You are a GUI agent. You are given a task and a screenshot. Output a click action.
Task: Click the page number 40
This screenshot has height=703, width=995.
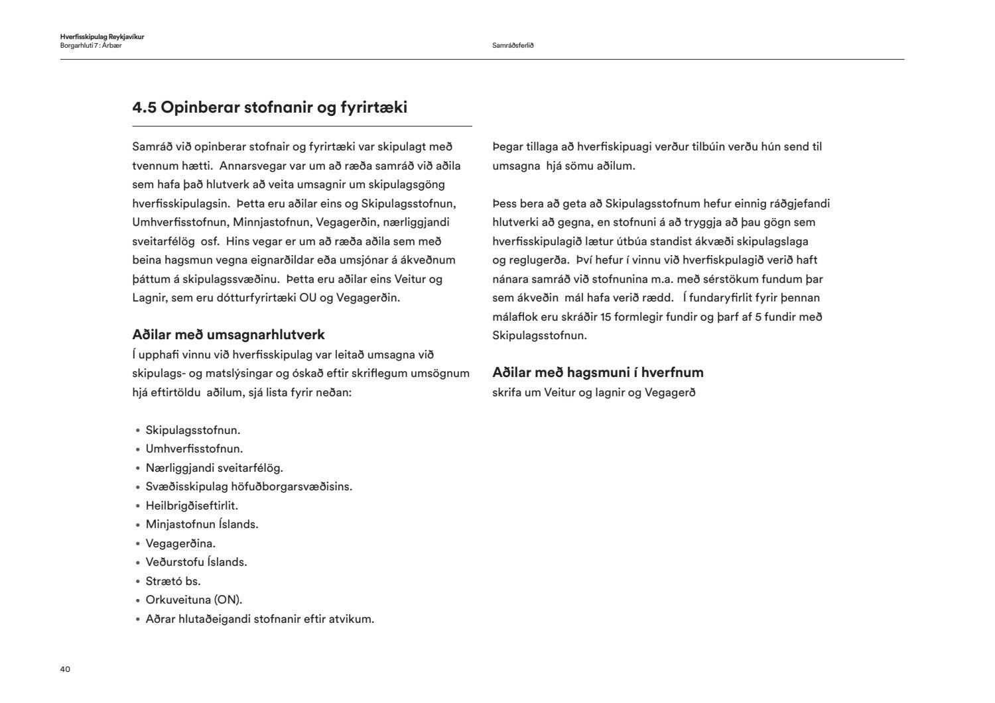pyautogui.click(x=65, y=669)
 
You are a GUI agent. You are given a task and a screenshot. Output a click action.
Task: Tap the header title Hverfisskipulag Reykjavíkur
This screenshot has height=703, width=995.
pyautogui.click(x=101, y=37)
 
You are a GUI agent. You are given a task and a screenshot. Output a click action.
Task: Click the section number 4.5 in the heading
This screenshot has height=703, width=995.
pyautogui.click(x=144, y=107)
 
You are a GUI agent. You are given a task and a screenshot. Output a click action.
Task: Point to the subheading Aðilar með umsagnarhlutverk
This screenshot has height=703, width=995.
pyautogui.click(x=228, y=335)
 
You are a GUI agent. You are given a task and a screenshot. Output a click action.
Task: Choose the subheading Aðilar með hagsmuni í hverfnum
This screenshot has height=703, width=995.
pyautogui.click(x=598, y=372)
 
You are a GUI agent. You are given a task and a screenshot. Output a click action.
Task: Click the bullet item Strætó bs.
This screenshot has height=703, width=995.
pyautogui.click(x=172, y=581)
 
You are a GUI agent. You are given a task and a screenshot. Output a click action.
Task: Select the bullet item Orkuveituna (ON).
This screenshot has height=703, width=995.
pyautogui.click(x=194, y=600)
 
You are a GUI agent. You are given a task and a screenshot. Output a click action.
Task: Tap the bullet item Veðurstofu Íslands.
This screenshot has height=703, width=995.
pyautogui.click(x=196, y=562)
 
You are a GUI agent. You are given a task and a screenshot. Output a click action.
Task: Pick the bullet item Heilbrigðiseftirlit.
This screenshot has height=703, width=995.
pyautogui.click(x=191, y=506)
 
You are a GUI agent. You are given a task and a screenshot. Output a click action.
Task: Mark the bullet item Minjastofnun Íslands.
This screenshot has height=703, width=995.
pyautogui.click(x=202, y=524)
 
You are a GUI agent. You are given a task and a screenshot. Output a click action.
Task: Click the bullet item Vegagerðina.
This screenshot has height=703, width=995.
pyautogui.click(x=180, y=543)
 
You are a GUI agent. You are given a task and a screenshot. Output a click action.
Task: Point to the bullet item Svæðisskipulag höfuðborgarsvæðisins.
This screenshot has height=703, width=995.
pyautogui.click(x=249, y=486)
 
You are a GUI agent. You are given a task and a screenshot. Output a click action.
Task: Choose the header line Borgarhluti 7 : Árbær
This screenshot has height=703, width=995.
pyautogui.click(x=90, y=46)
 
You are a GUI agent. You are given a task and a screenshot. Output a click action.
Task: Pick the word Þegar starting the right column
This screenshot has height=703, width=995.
pyautogui.click(x=507, y=147)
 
